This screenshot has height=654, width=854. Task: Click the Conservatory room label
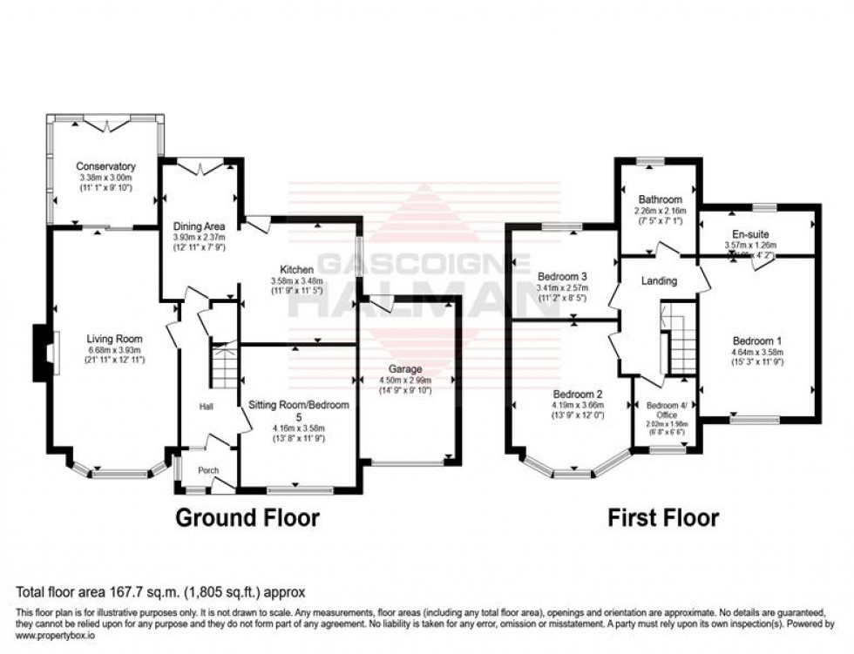pyautogui.click(x=105, y=166)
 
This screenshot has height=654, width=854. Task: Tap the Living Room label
pyautogui.click(x=113, y=339)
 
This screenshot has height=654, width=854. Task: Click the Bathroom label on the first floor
pyautogui.click(x=660, y=199)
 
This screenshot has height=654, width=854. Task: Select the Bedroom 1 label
pyautogui.click(x=756, y=340)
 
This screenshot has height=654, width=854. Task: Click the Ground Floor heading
pyautogui.click(x=247, y=518)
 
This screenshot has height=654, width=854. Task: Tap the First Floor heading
pyautogui.click(x=663, y=518)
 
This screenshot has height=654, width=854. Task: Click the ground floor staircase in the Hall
pyautogui.click(x=225, y=367)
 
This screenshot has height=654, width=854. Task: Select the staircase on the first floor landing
pyautogui.click(x=681, y=340)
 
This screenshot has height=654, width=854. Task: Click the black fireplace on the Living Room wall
pyautogui.click(x=41, y=353)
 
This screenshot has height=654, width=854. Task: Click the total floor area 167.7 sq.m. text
pyautogui.click(x=159, y=590)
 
